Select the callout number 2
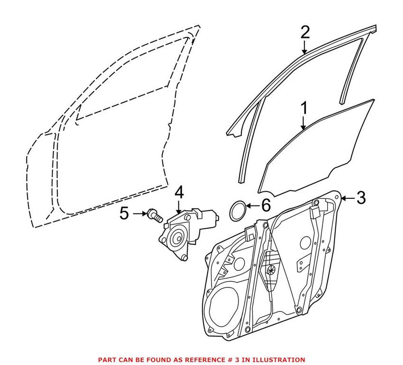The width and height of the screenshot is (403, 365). pyautogui.click(x=304, y=33)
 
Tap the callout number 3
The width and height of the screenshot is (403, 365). pyautogui.click(x=361, y=197)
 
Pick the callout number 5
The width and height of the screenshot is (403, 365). pyautogui.click(x=124, y=214)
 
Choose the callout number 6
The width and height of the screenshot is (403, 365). pyautogui.click(x=265, y=205)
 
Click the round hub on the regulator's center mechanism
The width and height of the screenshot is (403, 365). pyautogui.click(x=272, y=269)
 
